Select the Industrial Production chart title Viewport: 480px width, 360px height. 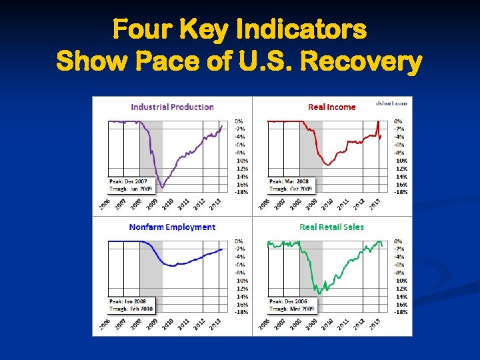[x=172, y=107]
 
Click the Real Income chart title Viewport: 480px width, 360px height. [x=331, y=107]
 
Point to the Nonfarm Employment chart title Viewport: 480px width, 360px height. [x=172, y=227]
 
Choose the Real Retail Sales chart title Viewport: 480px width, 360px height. [x=331, y=227]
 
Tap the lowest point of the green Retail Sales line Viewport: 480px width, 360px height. [x=319, y=293]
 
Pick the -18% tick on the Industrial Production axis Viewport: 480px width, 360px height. [x=241, y=192]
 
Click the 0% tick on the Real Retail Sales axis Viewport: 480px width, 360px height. [x=398, y=241]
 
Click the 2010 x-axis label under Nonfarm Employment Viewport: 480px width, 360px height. [x=167, y=324]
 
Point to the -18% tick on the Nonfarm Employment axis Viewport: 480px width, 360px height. [x=241, y=312]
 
